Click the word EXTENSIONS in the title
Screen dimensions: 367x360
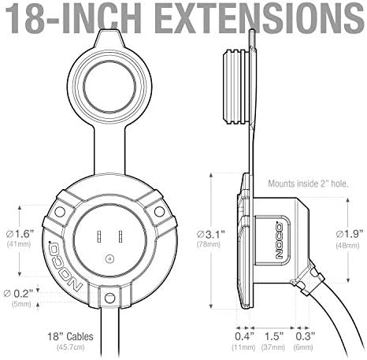(259, 18)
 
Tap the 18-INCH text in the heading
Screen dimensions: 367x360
(73, 18)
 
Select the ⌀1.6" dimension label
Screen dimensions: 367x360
(20, 233)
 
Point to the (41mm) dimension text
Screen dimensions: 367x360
(19, 244)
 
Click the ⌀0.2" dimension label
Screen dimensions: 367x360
(18, 293)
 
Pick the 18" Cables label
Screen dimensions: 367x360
(70, 336)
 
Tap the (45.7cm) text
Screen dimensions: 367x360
(71, 347)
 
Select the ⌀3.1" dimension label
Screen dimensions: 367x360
(210, 234)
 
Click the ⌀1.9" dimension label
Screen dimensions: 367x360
(350, 234)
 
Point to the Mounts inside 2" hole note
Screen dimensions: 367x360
(308, 184)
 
